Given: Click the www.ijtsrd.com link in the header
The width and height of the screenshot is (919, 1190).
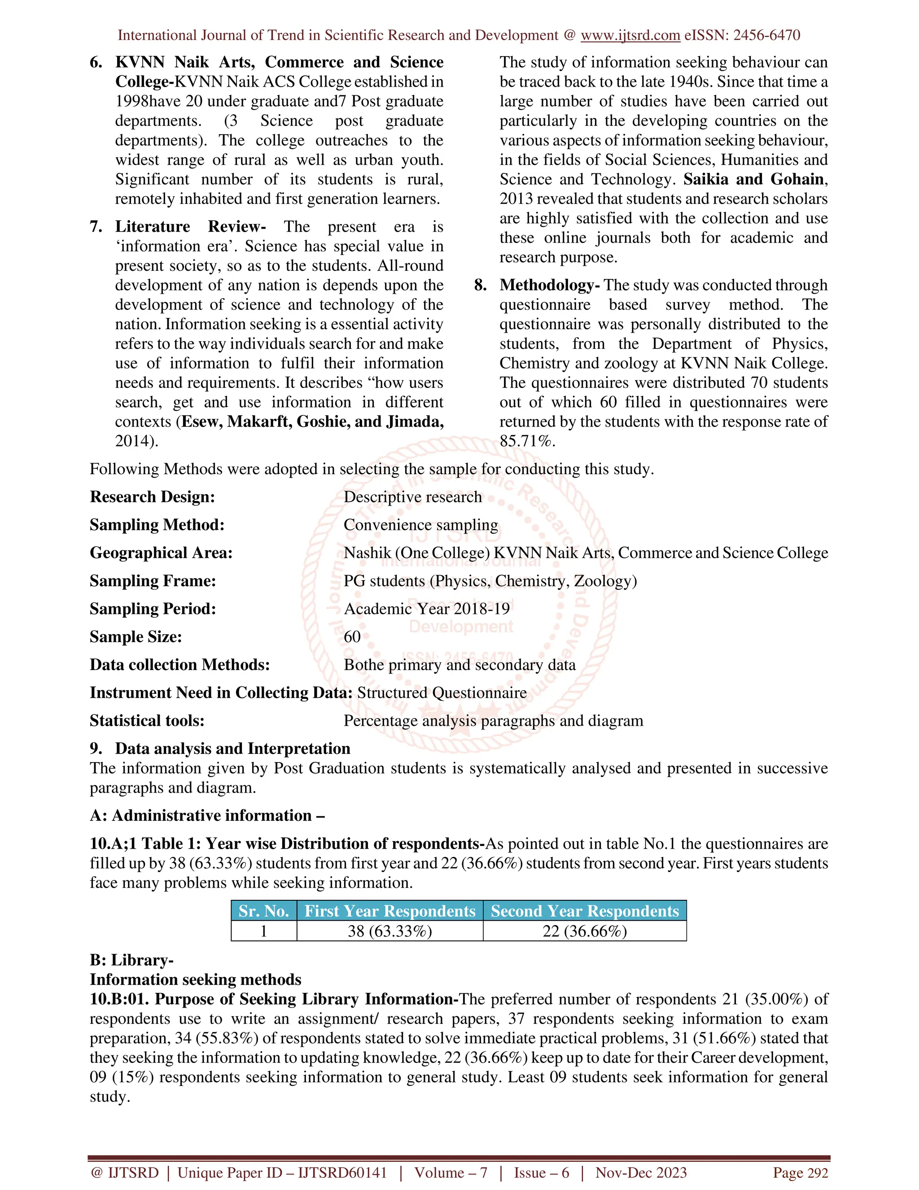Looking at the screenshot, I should pyautogui.click(x=630, y=35).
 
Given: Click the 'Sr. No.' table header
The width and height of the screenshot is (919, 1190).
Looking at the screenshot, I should pyautogui.click(x=263, y=911).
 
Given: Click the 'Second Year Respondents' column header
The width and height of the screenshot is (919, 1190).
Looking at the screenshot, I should pyautogui.click(x=584, y=911).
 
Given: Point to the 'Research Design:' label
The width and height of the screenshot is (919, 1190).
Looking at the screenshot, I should pyautogui.click(x=153, y=497).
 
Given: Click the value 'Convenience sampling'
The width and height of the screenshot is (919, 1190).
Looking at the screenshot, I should pyautogui.click(x=420, y=524).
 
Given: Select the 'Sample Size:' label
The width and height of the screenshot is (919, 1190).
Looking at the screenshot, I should pyautogui.click(x=136, y=636).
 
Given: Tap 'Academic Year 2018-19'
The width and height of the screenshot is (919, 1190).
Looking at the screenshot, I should pyautogui.click(x=426, y=608).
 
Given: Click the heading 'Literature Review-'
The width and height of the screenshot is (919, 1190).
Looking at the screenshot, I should pyautogui.click(x=190, y=227).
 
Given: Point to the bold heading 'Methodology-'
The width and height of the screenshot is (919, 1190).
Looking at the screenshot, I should pyautogui.click(x=549, y=285).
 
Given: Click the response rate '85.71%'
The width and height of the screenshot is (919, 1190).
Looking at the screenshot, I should pyautogui.click(x=526, y=441).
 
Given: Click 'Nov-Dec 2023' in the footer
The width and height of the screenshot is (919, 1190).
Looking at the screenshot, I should pyautogui.click(x=641, y=1172).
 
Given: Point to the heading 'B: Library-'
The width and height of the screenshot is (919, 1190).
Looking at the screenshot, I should pyautogui.click(x=131, y=960).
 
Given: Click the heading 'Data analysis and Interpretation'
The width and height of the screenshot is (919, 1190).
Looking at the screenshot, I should pyautogui.click(x=232, y=749).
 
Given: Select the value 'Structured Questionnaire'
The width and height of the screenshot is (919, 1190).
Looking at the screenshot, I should pyautogui.click(x=442, y=692).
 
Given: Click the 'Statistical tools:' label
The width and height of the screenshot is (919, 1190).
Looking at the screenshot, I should pyautogui.click(x=147, y=720).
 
